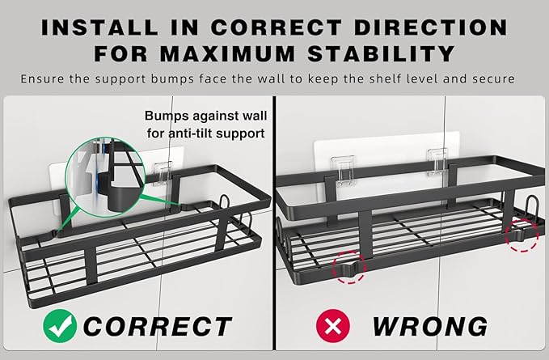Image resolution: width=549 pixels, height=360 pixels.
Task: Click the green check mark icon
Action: (x=60, y=326)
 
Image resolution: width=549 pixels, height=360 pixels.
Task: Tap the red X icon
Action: (x=333, y=326)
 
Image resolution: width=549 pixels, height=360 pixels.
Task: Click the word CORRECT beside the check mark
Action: (x=157, y=326)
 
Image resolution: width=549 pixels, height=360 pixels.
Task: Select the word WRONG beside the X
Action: (x=429, y=326)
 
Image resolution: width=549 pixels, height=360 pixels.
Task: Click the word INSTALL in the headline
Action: (x=99, y=28)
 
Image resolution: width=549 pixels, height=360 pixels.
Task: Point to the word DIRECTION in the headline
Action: (x=431, y=28)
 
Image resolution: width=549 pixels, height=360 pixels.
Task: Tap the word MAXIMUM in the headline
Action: (x=227, y=53)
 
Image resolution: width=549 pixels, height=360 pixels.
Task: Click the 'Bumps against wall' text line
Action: (x=206, y=116)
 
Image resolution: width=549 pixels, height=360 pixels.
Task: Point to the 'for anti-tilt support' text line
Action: (x=206, y=133)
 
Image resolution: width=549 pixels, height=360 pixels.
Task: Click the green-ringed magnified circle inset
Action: (x=105, y=177)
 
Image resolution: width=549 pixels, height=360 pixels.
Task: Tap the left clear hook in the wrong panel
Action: (x=343, y=170)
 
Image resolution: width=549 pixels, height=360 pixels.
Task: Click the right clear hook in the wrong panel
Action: (x=437, y=162)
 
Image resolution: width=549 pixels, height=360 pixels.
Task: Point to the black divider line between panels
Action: (x=275, y=222)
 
